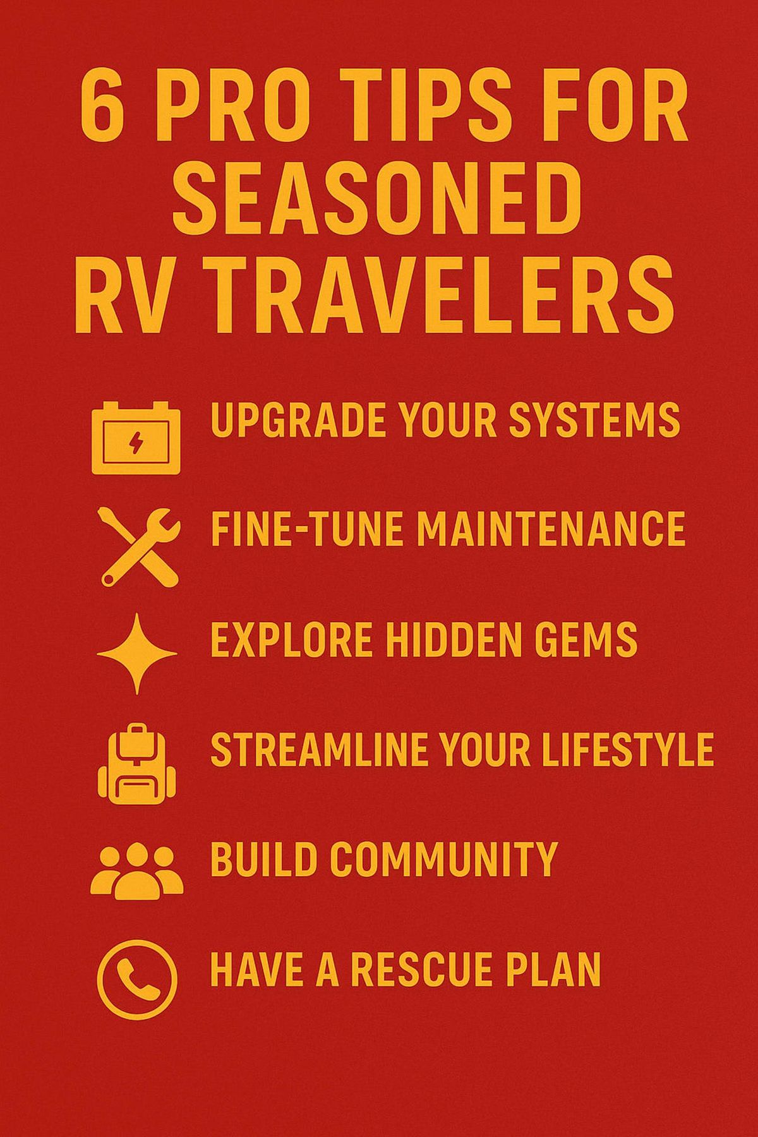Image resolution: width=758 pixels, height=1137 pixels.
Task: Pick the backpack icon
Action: coord(137,767)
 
